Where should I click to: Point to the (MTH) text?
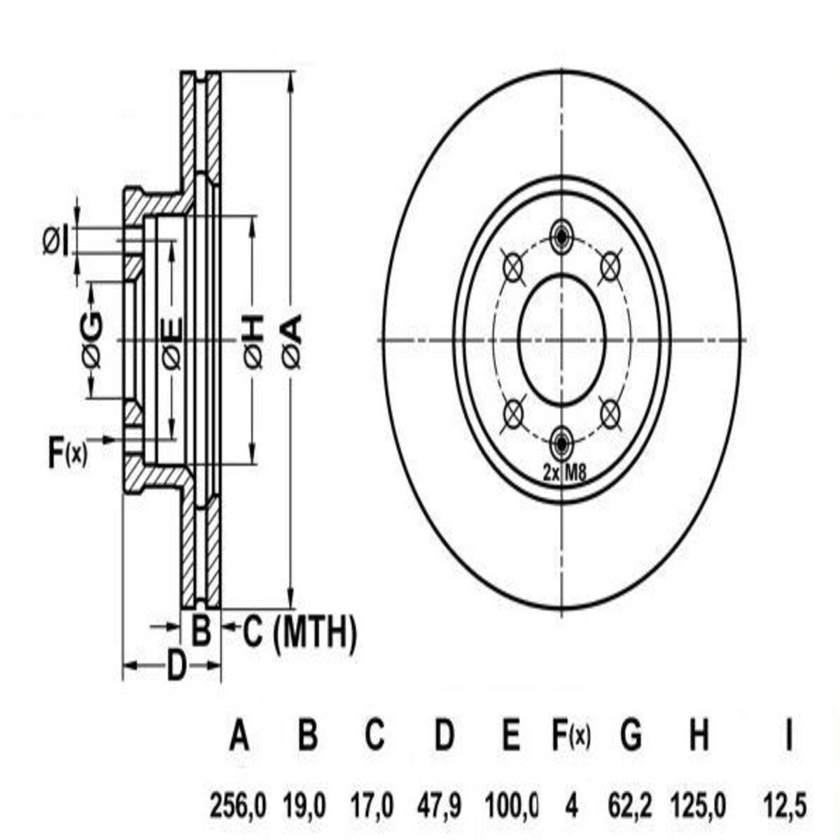click(315, 634)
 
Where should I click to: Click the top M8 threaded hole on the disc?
click(561, 237)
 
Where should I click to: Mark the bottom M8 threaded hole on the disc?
click(561, 444)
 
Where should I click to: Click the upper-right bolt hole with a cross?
click(610, 266)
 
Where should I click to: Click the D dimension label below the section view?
click(176, 666)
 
